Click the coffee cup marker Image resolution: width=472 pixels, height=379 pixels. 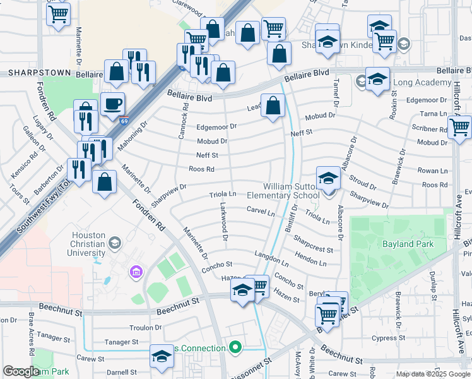pos(112,104)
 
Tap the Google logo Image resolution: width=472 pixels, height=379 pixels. pos(20,372)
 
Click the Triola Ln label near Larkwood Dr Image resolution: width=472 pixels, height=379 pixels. pos(223,195)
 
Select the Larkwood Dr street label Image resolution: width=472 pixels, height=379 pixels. pos(224,222)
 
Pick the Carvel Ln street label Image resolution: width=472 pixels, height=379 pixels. pos(261,212)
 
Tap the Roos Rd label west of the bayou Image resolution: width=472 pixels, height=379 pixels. pos(202,169)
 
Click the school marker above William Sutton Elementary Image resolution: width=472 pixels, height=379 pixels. pos(328,179)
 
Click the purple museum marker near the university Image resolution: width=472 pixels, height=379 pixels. pos(136,272)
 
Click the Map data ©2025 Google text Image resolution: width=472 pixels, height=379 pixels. pos(433,374)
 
